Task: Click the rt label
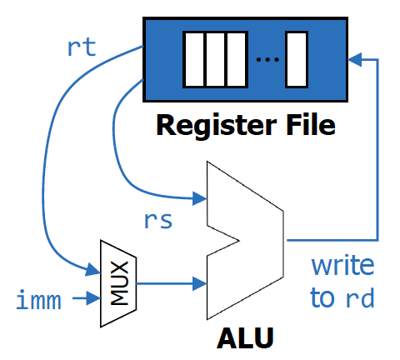click(82, 47)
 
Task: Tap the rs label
click(158, 221)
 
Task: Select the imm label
click(38, 299)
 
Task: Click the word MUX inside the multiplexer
click(120, 283)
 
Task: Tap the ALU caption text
click(245, 338)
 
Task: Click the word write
click(342, 266)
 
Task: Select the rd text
click(360, 297)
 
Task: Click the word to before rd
click(322, 297)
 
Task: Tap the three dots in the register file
click(267, 59)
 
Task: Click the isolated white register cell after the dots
click(297, 59)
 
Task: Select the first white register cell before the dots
click(194, 59)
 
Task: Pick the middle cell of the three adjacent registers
click(215, 59)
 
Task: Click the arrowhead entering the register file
click(355, 59)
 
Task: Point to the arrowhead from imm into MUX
click(93, 298)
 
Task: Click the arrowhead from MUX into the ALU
click(200, 283)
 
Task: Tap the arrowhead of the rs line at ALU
click(200, 198)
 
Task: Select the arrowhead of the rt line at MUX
click(92, 269)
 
